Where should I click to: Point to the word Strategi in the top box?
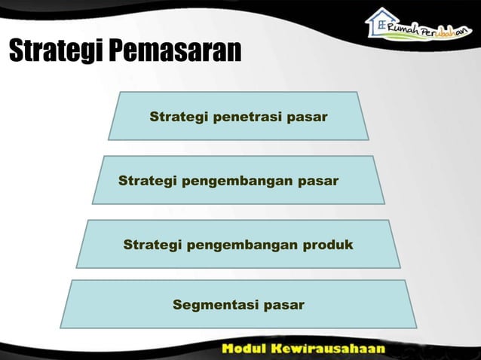[x=176, y=117]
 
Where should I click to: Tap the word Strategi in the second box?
[x=146, y=182]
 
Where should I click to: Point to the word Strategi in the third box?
[x=150, y=246]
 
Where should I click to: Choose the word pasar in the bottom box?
[x=283, y=305]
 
